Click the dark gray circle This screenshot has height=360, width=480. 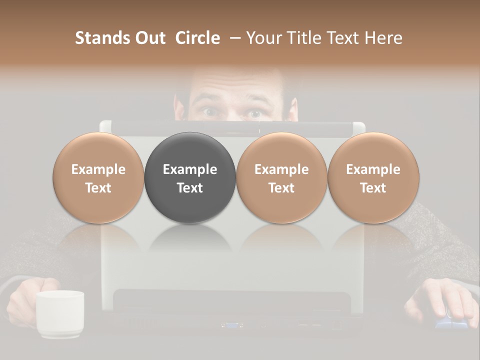(x=190, y=178)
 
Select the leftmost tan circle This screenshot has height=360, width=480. (x=98, y=178)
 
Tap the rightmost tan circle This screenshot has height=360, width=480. (x=373, y=178)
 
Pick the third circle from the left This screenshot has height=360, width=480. (x=281, y=178)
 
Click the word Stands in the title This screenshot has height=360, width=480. (x=96, y=38)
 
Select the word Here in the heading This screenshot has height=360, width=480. (x=384, y=38)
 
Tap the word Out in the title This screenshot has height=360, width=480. (x=148, y=38)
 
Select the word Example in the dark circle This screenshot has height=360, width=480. (x=190, y=169)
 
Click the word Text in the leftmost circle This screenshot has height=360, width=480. (x=98, y=188)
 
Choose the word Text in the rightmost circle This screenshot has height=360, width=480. (x=373, y=188)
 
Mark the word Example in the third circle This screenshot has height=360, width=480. (x=281, y=169)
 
